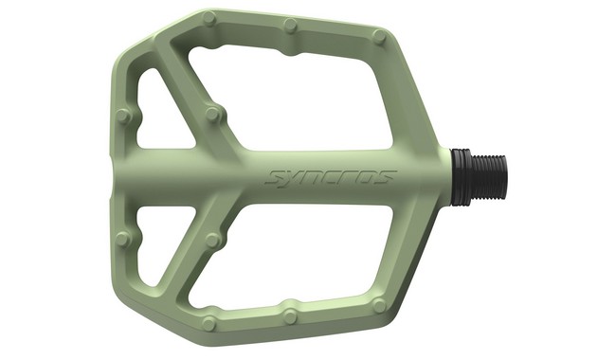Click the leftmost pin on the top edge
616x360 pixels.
pyautogui.click(x=209, y=18)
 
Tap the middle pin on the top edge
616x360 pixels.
pyautogui.click(x=290, y=26)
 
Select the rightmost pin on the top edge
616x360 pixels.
pyautogui.click(x=379, y=37)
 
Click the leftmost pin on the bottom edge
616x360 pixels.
pyautogui.click(x=209, y=323)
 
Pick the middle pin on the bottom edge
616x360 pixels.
pyautogui.click(x=290, y=316)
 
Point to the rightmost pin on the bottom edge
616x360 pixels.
pyautogui.click(x=379, y=305)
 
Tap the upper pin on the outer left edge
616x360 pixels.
pyautogui.click(x=123, y=117)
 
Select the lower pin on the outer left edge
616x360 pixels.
pyautogui.click(x=123, y=239)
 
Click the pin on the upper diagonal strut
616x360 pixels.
pyautogui.click(x=213, y=115)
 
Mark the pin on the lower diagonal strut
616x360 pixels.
pyautogui.click(x=213, y=241)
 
